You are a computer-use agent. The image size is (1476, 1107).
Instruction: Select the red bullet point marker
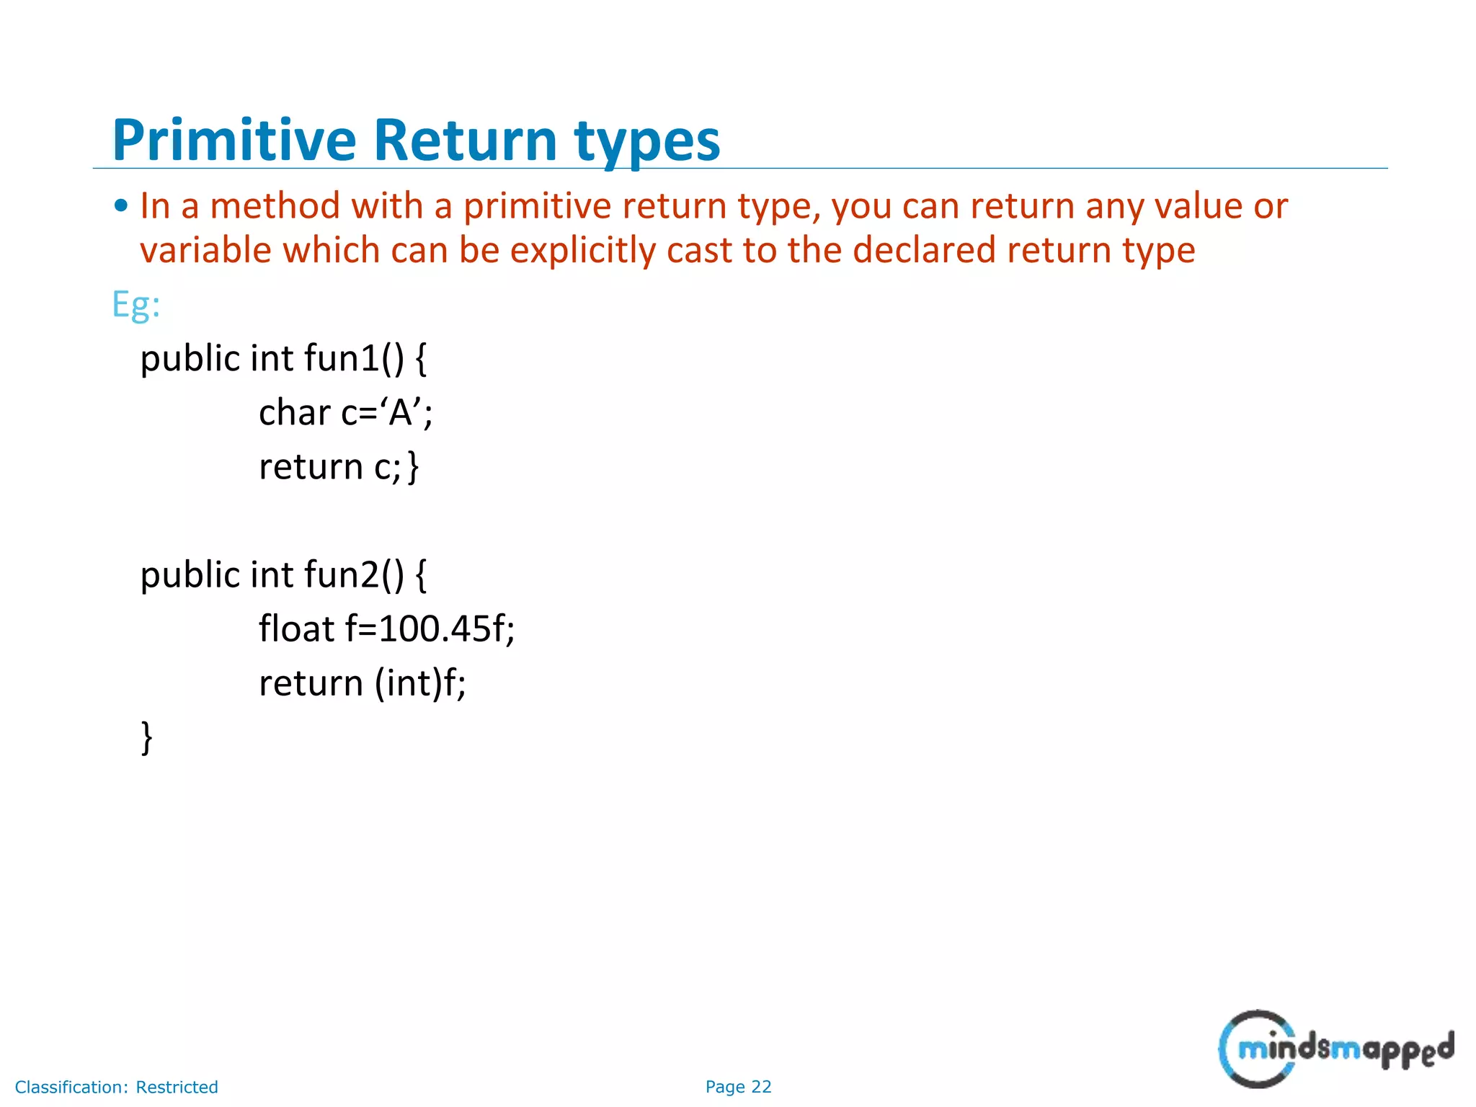[121, 207]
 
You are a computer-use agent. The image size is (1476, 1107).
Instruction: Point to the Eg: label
[135, 305]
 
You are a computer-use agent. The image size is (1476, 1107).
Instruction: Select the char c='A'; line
[345, 413]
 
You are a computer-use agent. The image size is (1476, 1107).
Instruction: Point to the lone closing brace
[146, 737]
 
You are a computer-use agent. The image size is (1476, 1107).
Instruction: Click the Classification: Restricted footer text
[116, 1087]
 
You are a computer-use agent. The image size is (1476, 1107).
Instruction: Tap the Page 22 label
[738, 1087]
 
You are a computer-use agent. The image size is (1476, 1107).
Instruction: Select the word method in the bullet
[275, 207]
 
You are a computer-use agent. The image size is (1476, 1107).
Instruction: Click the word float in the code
[296, 628]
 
